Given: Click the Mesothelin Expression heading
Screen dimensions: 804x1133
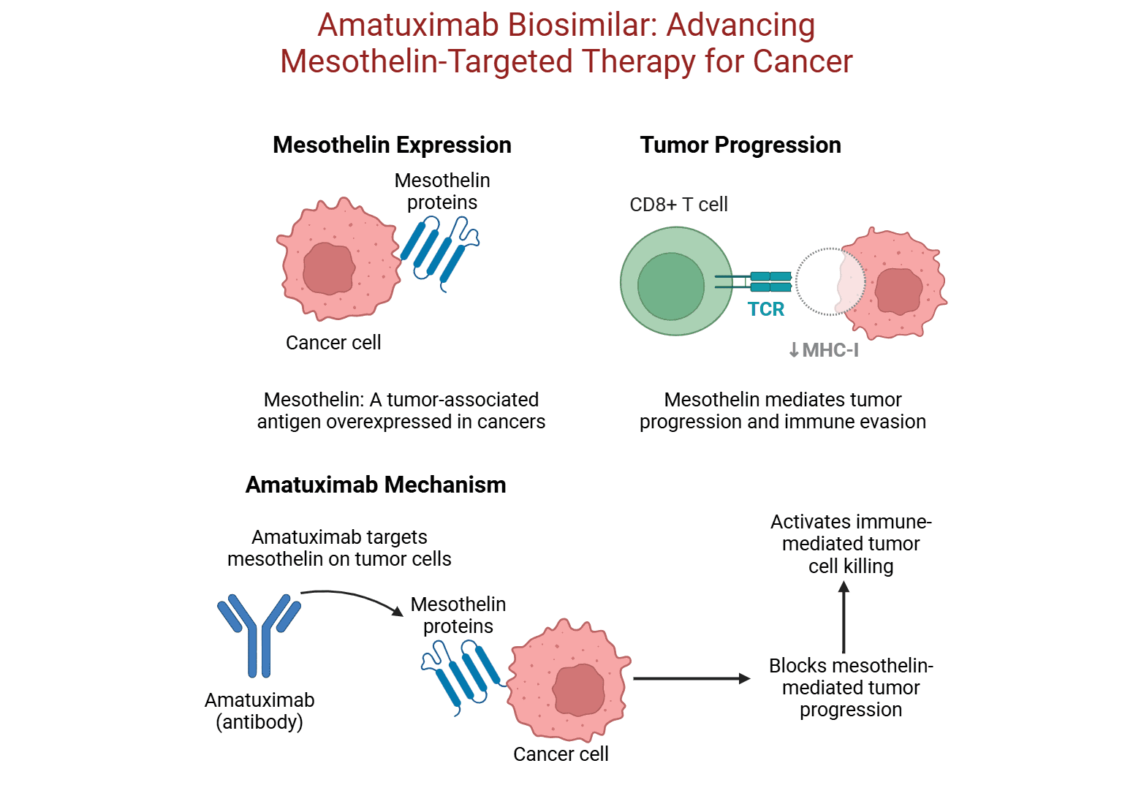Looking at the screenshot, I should point(392,145).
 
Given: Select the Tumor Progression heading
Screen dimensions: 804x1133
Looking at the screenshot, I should point(740,145).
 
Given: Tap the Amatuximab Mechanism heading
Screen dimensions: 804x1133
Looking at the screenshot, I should point(376,485).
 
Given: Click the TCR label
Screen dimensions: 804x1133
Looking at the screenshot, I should point(766,309).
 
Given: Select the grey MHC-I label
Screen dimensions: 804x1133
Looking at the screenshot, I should point(824,350).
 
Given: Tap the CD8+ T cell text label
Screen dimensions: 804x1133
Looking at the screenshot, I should point(678,205).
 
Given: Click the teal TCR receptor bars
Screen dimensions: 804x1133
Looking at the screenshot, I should point(770,281).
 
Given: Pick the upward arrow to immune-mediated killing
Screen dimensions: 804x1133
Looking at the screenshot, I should point(844,618).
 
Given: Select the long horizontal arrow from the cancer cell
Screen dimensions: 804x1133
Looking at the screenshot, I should point(691,678).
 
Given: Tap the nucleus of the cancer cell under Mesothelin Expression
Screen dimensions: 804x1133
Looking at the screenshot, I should point(328,269).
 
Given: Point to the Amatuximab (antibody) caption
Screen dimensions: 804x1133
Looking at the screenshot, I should point(259,710).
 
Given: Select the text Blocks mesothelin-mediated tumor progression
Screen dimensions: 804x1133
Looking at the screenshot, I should point(851,687).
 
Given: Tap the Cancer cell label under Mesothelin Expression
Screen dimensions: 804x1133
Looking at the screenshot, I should point(333,342).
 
